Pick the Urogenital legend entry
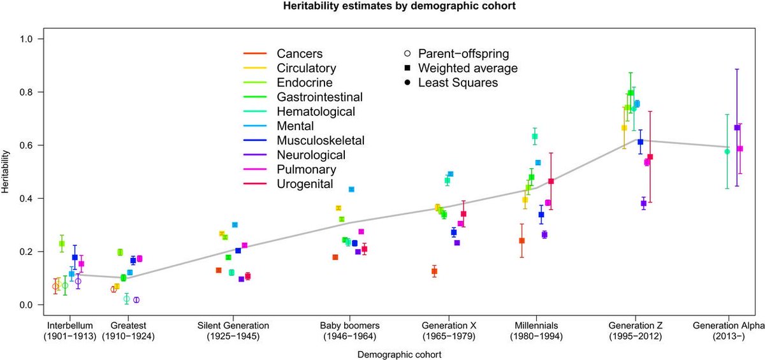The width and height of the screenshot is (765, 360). [x=305, y=184]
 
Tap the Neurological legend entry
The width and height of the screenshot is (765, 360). [x=311, y=155]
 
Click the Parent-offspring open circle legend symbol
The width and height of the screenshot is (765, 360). [x=407, y=53]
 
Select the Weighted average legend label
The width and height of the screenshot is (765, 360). [x=467, y=68]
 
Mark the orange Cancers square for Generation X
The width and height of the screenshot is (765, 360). [x=434, y=271]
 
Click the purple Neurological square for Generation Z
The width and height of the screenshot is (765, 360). [x=644, y=204]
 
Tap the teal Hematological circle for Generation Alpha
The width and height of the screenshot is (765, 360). [x=727, y=152]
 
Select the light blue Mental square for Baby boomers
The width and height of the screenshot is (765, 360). [x=351, y=189]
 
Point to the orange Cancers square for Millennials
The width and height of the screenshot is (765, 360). [x=521, y=241]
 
